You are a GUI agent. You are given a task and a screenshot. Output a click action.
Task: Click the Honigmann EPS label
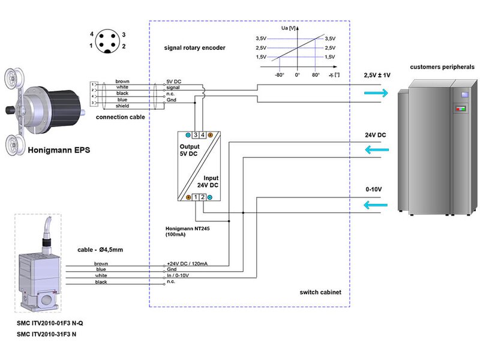click(58, 149)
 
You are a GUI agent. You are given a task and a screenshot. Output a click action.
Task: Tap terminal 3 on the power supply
click(196, 135)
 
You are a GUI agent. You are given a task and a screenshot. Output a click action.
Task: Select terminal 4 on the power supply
click(203, 135)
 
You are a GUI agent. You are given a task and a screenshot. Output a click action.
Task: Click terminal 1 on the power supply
click(196, 197)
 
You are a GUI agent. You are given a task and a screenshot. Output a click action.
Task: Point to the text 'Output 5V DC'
click(190, 151)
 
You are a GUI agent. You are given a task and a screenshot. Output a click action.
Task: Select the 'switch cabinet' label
click(320, 292)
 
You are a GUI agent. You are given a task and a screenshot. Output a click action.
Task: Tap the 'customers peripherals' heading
click(442, 67)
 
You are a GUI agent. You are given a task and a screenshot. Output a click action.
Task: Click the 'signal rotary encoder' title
click(195, 47)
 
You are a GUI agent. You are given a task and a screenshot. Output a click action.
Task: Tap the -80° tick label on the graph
click(280, 76)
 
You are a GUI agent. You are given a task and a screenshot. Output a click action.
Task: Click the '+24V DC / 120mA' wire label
click(187, 264)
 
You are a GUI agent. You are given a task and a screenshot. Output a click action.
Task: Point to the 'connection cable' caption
click(120, 117)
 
